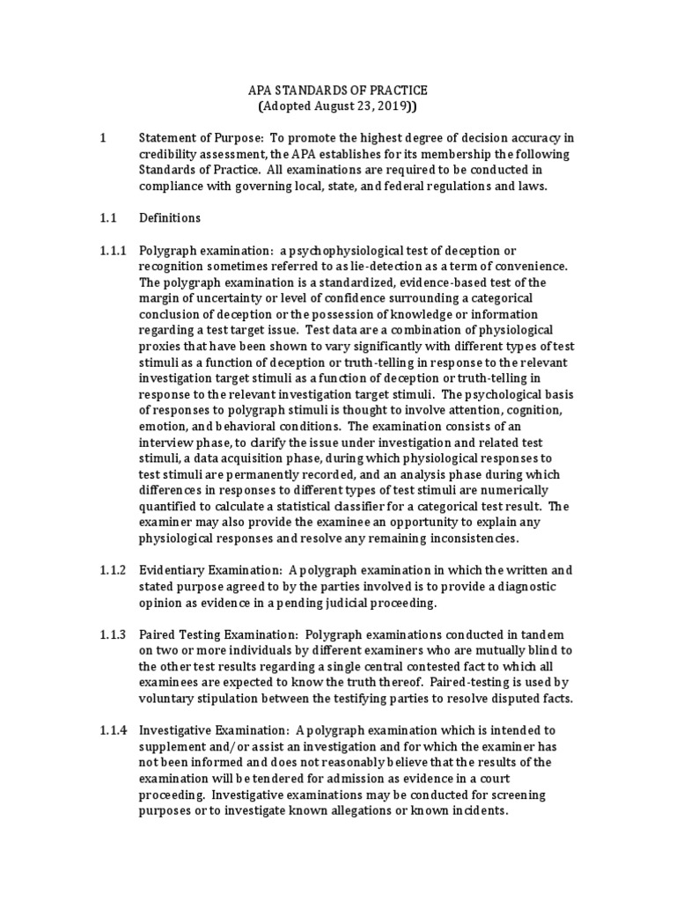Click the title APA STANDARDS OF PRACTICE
pyautogui.click(x=337, y=91)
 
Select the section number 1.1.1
pyautogui.click(x=114, y=251)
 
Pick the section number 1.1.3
pyautogui.click(x=114, y=634)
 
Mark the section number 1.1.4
pyautogui.click(x=114, y=731)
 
